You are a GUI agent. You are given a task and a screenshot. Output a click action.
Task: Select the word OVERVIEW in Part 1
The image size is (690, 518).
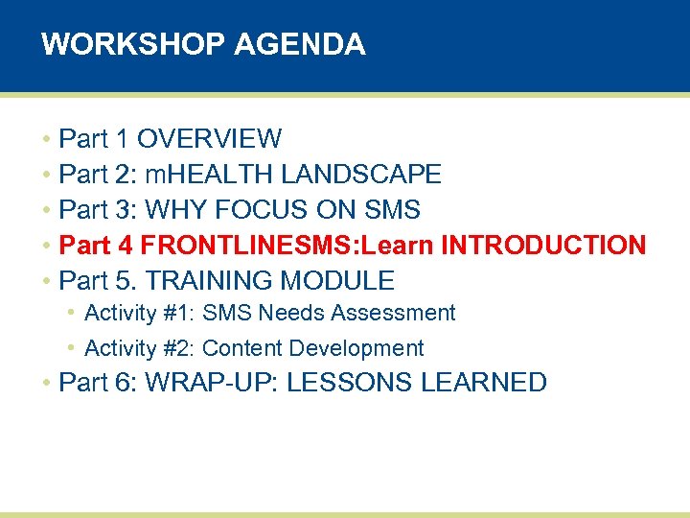[209, 139]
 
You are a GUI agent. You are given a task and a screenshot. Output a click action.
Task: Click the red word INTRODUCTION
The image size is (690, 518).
[543, 246]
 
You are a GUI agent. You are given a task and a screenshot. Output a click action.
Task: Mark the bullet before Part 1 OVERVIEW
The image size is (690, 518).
[46, 140]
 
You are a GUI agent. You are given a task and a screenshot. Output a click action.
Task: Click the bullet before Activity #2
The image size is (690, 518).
[72, 348]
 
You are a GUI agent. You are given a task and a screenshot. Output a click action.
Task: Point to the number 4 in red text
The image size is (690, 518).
[126, 246]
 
